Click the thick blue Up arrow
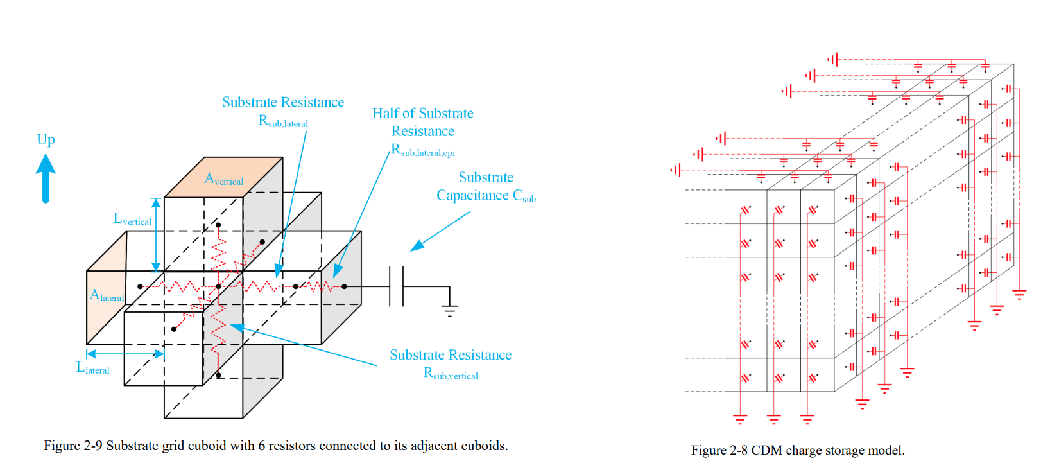tap(46, 179)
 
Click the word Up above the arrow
tap(46, 139)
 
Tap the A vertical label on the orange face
tap(223, 179)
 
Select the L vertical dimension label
tap(133, 219)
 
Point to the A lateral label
tap(107, 296)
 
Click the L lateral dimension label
tap(93, 368)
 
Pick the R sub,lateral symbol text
tap(283, 121)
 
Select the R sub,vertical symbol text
tap(451, 374)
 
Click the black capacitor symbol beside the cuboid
tap(397, 286)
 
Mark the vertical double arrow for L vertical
tap(156, 234)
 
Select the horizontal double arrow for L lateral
tap(125, 354)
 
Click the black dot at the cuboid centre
tap(218, 286)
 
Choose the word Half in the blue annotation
tap(385, 114)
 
